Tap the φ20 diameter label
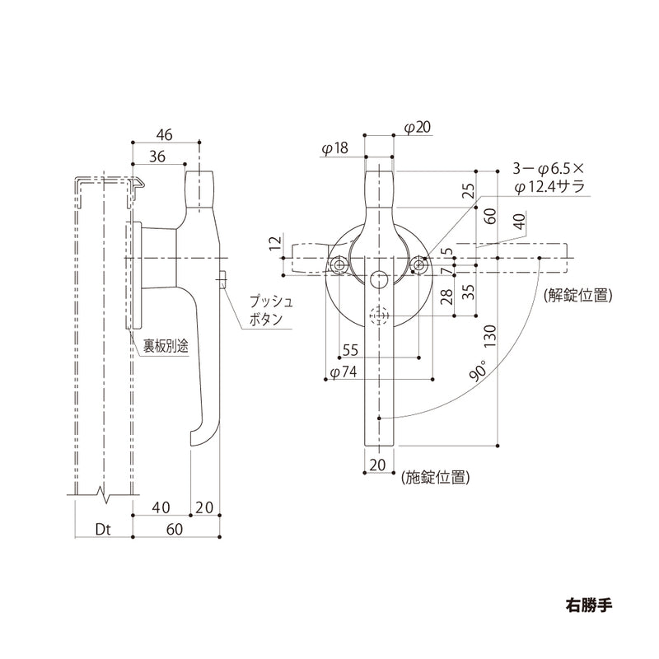pyautogui.click(x=419, y=127)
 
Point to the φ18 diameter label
pyautogui.click(x=335, y=148)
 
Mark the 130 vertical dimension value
pyautogui.click(x=490, y=338)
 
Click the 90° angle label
pyautogui.click(x=479, y=371)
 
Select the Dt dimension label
pyautogui.click(x=102, y=530)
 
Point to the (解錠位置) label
pyautogui.click(x=577, y=294)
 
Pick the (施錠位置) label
pyautogui.click(x=436, y=476)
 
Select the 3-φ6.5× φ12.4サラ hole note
pyautogui.click(x=548, y=176)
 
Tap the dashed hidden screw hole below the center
pyautogui.click(x=379, y=315)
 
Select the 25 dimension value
pyautogui.click(x=468, y=191)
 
